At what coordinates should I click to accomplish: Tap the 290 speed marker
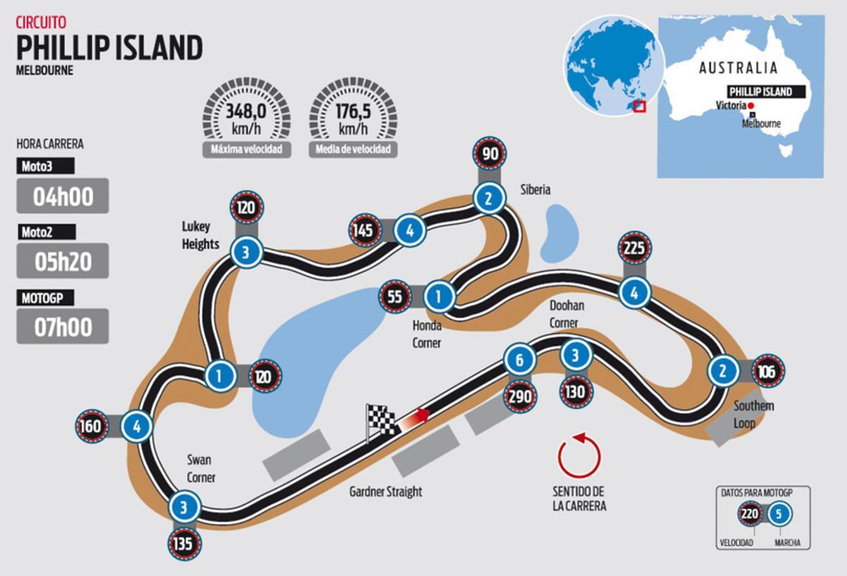[519, 397]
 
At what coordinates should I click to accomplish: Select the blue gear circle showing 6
[519, 361]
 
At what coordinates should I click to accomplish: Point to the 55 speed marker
[395, 296]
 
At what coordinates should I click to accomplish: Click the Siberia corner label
[535, 189]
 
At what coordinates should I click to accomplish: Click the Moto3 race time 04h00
[63, 196]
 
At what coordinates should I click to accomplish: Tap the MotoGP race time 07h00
[63, 326]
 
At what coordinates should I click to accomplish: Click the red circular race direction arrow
[579, 457]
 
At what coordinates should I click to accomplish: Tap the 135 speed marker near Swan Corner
[184, 544]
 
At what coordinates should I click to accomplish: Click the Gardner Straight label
[385, 491]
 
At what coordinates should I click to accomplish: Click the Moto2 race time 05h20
[63, 261]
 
